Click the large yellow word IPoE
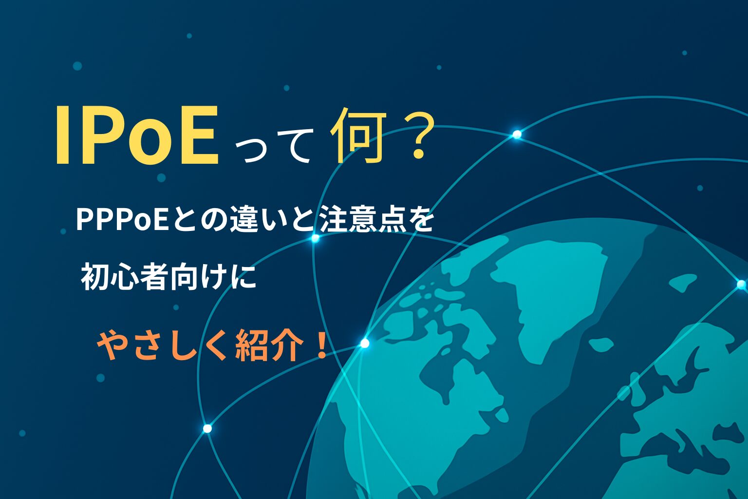click(137, 135)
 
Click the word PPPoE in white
click(122, 221)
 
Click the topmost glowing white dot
click(517, 134)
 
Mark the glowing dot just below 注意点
click(315, 238)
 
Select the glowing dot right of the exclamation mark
click(365, 343)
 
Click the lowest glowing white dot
click(207, 428)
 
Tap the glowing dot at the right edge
click(742, 285)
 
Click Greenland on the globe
click(548, 294)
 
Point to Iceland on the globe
click(601, 344)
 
